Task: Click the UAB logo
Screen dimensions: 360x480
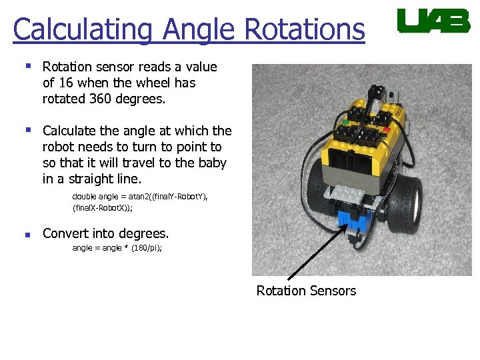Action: coord(433,21)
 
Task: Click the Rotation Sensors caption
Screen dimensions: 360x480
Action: coord(306,291)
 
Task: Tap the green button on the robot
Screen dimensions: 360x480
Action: coord(345,123)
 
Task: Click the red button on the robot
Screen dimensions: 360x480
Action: coord(386,129)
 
